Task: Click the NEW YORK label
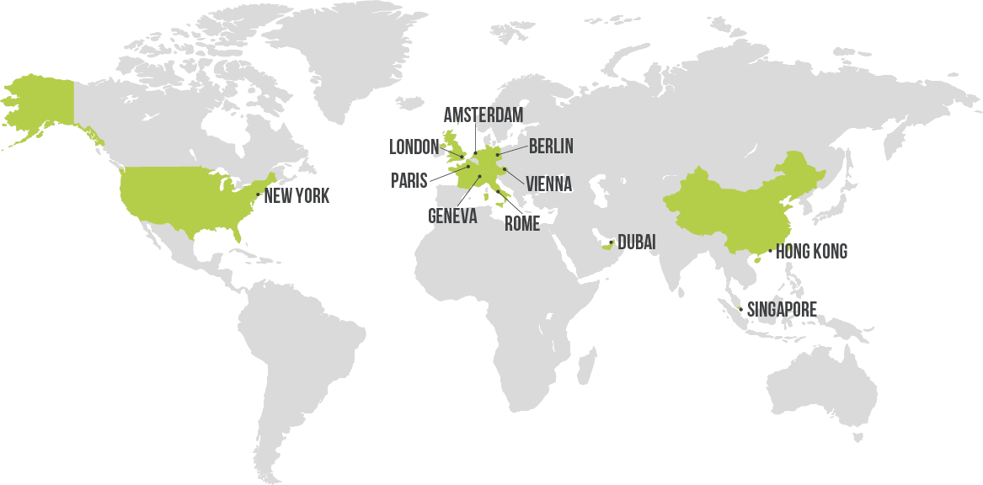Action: tap(297, 196)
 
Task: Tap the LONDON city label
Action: tap(414, 147)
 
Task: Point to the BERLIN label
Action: tap(551, 147)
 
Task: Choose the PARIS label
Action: tap(409, 180)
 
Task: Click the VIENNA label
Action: tap(548, 184)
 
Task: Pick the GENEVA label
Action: tap(452, 216)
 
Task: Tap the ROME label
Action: tap(521, 224)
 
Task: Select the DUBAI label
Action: tap(636, 242)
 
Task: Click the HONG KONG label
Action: tap(811, 251)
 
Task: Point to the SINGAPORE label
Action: tap(782, 310)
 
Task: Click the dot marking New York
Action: tap(258, 195)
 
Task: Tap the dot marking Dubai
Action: tap(611, 242)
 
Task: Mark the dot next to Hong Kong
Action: tap(770, 251)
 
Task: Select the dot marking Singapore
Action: tap(740, 310)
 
